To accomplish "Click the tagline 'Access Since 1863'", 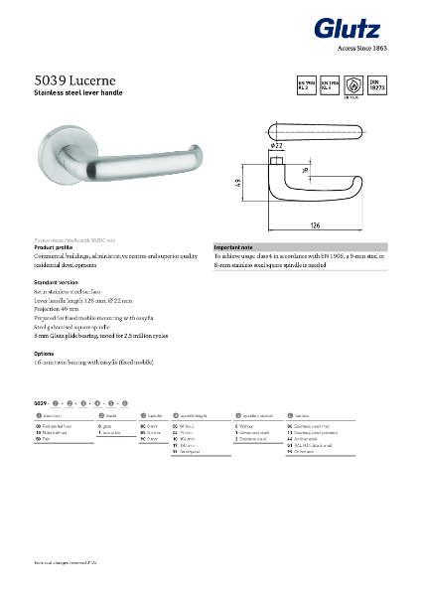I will click(362, 47).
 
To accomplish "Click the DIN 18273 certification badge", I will click(377, 83).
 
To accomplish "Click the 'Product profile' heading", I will click(56, 246).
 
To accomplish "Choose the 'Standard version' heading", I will click(57, 283).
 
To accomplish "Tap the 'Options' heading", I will click(44, 354).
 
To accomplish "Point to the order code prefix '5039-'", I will click(42, 401).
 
